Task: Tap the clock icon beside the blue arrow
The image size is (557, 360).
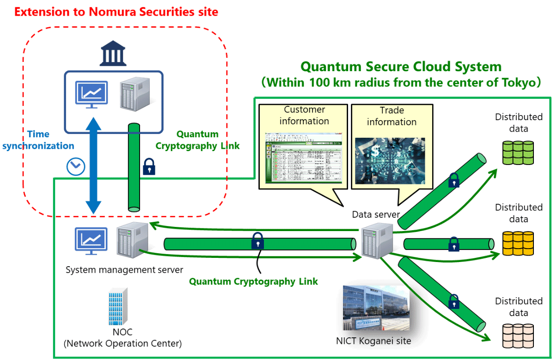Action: [x=76, y=166]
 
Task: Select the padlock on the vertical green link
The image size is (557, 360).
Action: [x=149, y=167]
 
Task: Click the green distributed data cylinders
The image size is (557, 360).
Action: [x=518, y=153]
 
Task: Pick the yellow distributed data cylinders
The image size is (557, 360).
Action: [x=518, y=243]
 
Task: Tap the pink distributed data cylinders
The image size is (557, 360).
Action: [x=518, y=336]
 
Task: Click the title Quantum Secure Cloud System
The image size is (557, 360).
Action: [x=401, y=67]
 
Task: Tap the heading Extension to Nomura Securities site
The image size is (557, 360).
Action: [x=116, y=12]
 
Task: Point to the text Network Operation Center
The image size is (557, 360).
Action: [x=122, y=343]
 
